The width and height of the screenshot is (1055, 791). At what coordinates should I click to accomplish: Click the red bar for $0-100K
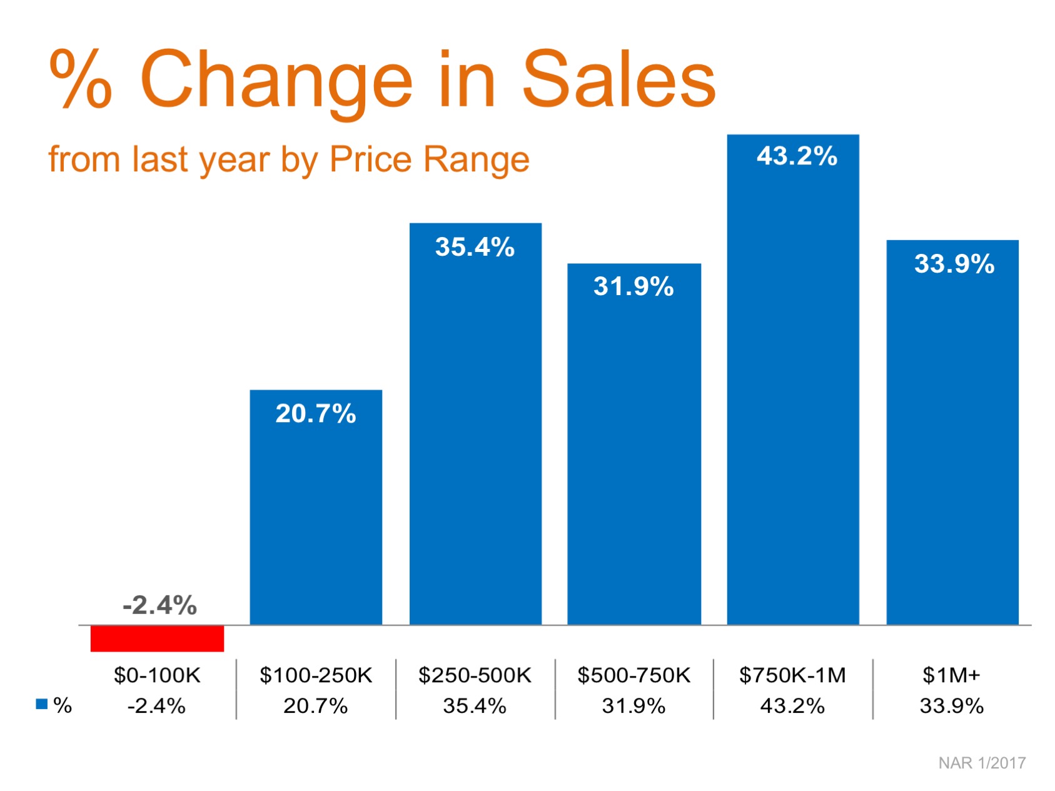click(x=157, y=638)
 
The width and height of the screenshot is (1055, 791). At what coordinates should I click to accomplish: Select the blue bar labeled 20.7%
click(x=316, y=506)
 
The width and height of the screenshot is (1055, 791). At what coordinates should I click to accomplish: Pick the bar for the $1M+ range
click(x=952, y=432)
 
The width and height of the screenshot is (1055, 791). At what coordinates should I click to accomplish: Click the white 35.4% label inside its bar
click(x=475, y=247)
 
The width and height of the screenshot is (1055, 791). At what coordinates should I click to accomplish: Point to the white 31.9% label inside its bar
click(x=634, y=286)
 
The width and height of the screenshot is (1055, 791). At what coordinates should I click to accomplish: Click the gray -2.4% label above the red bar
click(x=159, y=605)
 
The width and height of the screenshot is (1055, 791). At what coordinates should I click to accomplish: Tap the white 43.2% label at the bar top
click(x=797, y=156)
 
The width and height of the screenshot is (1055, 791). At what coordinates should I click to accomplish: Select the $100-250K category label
click(x=316, y=675)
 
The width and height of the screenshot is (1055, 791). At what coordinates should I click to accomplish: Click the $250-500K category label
click(x=475, y=675)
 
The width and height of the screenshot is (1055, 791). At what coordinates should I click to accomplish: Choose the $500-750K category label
click(x=634, y=675)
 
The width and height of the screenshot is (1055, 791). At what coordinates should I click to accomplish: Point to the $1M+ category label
click(x=951, y=675)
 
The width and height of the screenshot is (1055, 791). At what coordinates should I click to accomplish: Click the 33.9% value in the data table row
click(x=951, y=706)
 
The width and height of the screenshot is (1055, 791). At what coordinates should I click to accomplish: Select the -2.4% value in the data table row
click(x=156, y=706)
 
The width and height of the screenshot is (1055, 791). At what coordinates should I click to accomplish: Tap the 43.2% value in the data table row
click(x=792, y=706)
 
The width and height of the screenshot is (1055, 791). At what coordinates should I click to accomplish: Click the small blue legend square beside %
click(x=42, y=704)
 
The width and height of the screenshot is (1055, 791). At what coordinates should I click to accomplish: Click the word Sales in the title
click(x=618, y=79)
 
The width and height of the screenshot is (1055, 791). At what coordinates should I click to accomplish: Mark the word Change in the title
click(x=276, y=79)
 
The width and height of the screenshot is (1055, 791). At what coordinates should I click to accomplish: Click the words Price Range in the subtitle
click(x=429, y=159)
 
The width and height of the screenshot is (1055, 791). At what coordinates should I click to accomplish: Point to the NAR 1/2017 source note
click(x=982, y=763)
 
